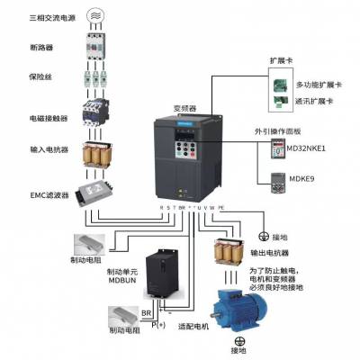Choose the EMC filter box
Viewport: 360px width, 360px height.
(x=92, y=192)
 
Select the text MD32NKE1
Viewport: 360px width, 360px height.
(x=312, y=148)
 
